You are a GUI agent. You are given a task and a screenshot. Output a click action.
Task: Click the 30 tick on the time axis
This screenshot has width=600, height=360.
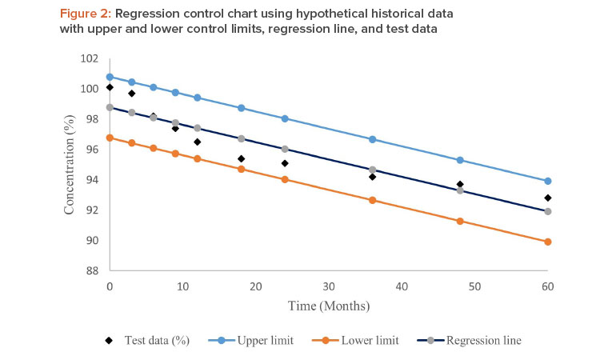click(329, 286)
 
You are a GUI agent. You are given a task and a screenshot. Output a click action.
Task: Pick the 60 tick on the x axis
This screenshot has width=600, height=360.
click(547, 286)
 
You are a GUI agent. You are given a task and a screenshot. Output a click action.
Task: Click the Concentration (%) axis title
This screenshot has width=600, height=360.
click(70, 164)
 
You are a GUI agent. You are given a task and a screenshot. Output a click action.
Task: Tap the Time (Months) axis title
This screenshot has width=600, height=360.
click(329, 305)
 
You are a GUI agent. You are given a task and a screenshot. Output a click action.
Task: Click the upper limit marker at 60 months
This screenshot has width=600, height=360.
click(547, 181)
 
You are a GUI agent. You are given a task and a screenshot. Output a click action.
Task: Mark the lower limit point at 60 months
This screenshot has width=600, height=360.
click(547, 242)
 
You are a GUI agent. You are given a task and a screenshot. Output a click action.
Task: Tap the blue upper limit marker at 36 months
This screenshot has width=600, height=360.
click(373, 139)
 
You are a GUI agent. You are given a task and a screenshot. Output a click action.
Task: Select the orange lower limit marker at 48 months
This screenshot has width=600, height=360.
click(460, 221)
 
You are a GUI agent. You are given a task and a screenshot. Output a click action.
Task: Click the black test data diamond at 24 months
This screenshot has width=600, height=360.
click(285, 163)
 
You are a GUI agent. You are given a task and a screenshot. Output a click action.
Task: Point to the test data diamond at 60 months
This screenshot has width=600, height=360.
click(547, 198)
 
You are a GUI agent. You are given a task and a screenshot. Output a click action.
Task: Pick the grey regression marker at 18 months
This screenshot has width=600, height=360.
click(241, 138)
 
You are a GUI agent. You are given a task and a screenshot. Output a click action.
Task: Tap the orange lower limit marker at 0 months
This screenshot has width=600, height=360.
click(110, 138)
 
